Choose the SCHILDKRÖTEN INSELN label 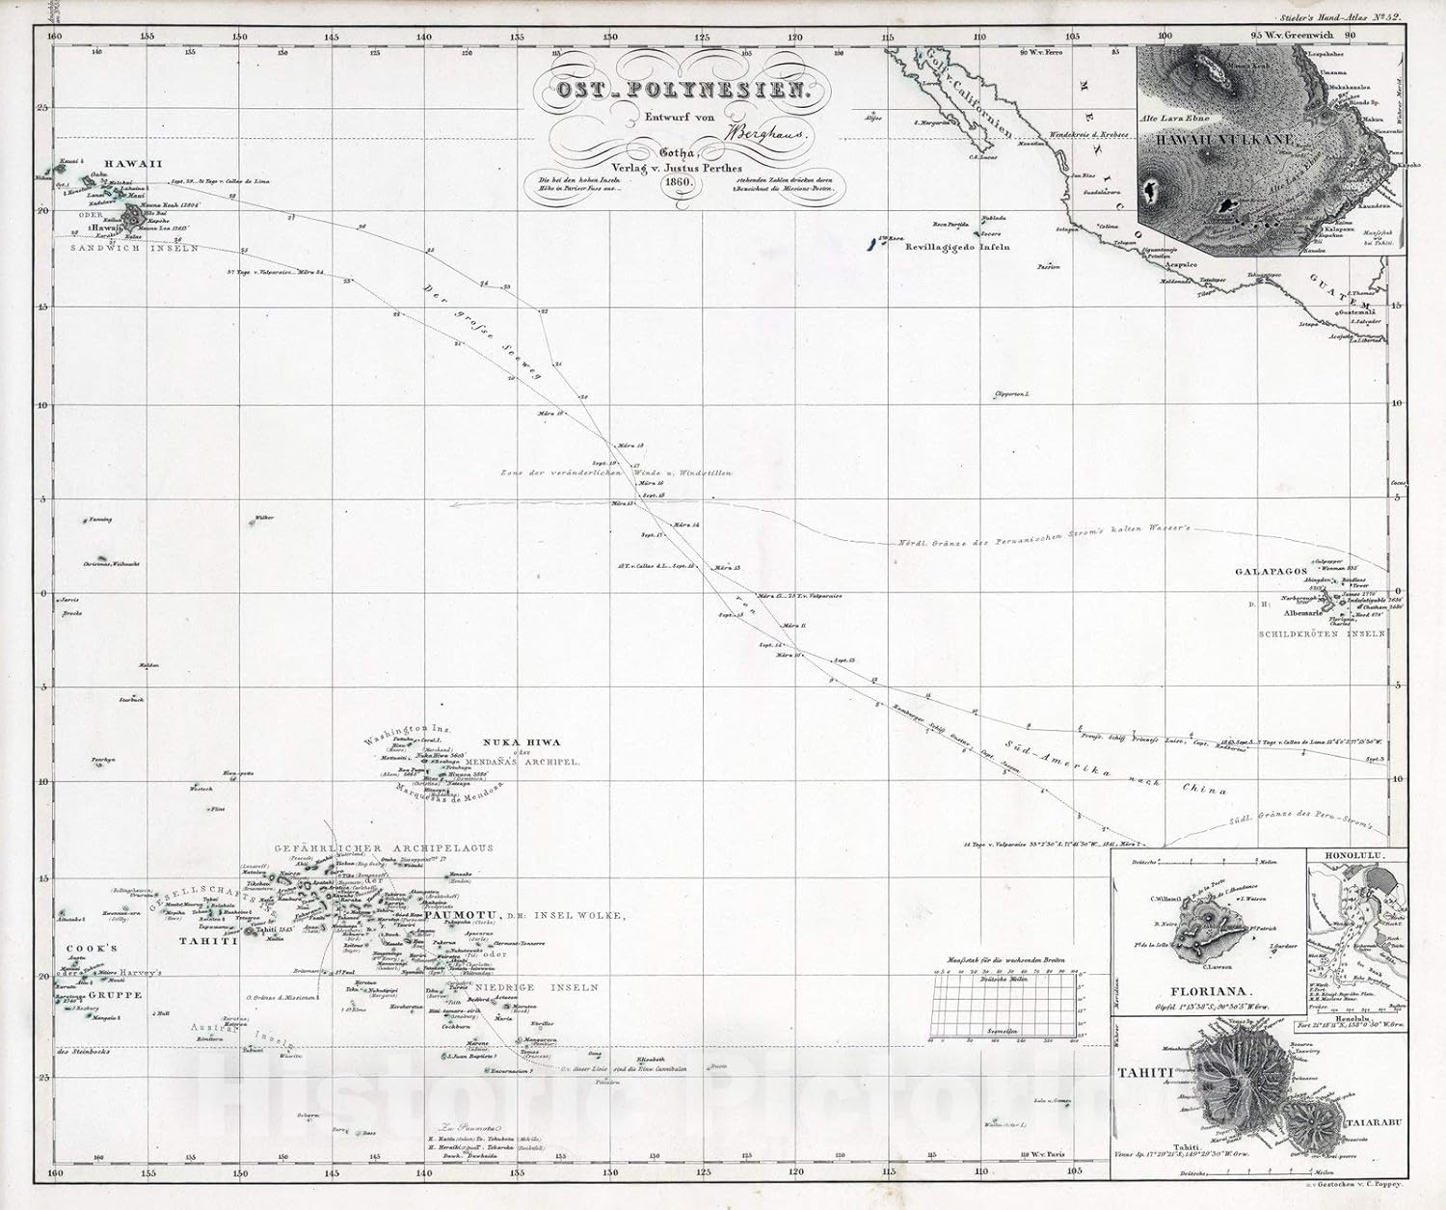tap(1323, 633)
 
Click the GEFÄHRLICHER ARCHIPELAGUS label tap(384, 847)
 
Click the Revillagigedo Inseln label tap(957, 247)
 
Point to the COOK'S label tap(91, 949)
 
